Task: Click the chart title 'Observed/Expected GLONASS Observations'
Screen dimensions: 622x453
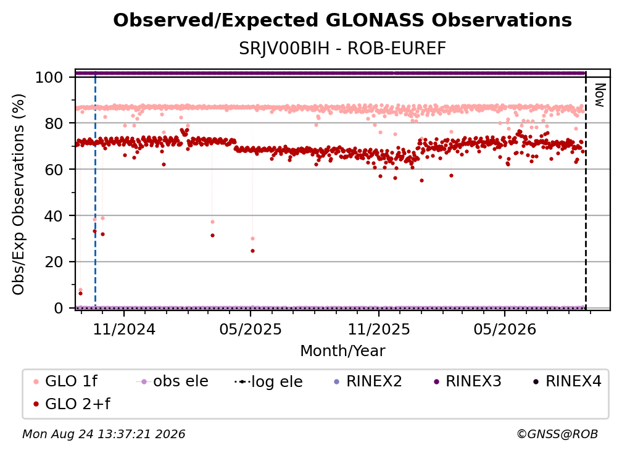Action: (x=342, y=20)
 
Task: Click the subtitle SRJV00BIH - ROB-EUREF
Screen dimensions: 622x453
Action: (x=342, y=49)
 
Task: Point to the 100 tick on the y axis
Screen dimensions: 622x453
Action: (x=49, y=77)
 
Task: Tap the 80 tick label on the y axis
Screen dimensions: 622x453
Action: (x=54, y=123)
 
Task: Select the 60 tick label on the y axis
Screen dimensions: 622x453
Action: (x=54, y=170)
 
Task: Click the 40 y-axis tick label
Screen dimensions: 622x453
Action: (x=54, y=216)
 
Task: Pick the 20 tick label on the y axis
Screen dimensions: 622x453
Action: (x=54, y=262)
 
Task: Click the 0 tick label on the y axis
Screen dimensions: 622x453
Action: (x=59, y=308)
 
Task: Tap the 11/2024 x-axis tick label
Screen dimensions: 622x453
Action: (x=124, y=330)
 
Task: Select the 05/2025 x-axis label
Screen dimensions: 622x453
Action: (x=251, y=330)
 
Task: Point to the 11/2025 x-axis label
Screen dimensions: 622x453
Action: (x=379, y=330)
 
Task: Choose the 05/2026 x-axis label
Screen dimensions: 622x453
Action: (x=505, y=330)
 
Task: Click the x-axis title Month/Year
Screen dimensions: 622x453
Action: (x=342, y=351)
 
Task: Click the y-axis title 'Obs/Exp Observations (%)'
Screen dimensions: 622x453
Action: (x=19, y=194)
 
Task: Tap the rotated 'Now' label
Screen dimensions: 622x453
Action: (x=600, y=95)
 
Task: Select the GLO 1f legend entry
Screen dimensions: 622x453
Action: (x=65, y=381)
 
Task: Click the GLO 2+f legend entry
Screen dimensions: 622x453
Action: (x=72, y=404)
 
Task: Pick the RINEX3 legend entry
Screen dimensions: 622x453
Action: (x=468, y=381)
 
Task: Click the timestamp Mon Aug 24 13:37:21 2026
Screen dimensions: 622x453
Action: (x=104, y=434)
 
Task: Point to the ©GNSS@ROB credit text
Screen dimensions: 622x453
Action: (x=557, y=434)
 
